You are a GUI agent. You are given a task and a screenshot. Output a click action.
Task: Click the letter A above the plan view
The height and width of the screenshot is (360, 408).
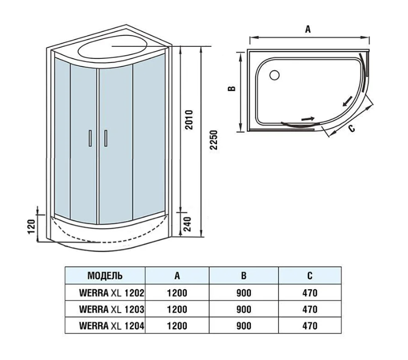(308, 30)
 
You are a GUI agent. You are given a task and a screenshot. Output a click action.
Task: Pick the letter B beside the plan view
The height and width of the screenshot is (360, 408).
(232, 89)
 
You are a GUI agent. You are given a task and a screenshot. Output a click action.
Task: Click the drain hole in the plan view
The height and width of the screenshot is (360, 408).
(272, 75)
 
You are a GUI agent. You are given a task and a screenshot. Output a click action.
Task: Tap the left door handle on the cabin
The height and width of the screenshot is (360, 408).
(90, 138)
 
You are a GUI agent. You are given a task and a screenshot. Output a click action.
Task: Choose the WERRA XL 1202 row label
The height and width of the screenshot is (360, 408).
(111, 293)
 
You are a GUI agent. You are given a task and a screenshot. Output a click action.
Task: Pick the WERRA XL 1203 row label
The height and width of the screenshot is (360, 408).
(111, 309)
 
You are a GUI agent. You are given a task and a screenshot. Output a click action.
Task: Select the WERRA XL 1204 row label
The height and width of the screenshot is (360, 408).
(111, 326)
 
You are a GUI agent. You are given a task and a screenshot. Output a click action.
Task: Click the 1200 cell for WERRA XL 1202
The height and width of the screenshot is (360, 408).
(177, 293)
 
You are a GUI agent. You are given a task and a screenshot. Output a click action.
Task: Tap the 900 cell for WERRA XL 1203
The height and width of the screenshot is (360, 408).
(244, 309)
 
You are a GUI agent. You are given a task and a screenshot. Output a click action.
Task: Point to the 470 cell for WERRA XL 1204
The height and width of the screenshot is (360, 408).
(310, 326)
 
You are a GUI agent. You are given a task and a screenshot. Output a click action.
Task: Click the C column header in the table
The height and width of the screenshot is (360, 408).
(310, 276)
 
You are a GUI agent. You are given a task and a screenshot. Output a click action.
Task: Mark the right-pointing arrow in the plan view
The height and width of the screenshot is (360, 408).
(308, 119)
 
